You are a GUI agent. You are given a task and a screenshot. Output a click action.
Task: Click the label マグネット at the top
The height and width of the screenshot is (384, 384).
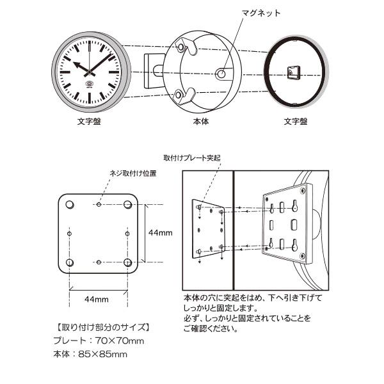[x=261, y=13]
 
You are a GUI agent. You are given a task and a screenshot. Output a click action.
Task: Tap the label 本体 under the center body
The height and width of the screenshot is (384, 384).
[x=200, y=120]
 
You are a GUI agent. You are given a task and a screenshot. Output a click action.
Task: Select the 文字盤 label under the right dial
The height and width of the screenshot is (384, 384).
[x=296, y=120]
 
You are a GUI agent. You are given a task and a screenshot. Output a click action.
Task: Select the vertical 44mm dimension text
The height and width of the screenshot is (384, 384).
[x=158, y=233]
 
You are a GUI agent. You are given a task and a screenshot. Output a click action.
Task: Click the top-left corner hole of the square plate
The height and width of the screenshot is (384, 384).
[x=70, y=204]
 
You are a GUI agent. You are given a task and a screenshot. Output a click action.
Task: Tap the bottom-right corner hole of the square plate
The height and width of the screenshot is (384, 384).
[x=127, y=262]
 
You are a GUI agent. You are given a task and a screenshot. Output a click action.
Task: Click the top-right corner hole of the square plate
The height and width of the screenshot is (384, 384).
[x=127, y=204]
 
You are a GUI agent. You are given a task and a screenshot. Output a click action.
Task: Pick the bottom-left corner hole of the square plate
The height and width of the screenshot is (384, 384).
[x=70, y=262]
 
